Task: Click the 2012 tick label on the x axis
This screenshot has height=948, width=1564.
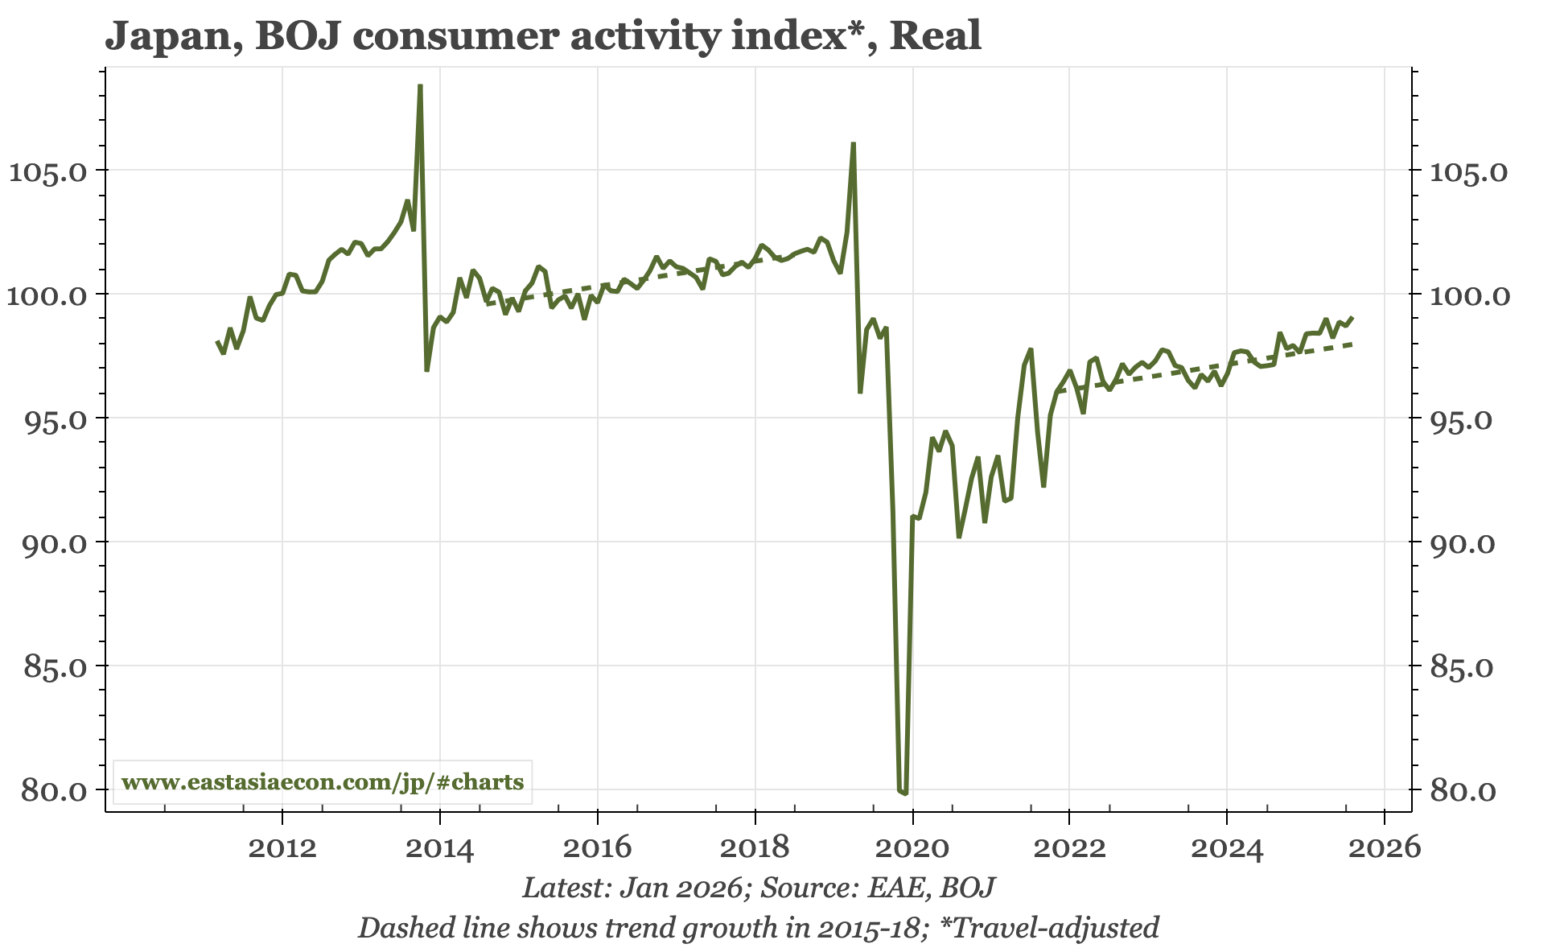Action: [x=282, y=848]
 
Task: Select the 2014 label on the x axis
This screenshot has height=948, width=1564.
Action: [x=440, y=848]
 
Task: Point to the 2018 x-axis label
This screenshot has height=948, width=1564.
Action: [x=755, y=848]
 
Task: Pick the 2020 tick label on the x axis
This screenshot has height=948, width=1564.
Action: [x=912, y=848]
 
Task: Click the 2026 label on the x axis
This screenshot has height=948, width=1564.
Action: [x=1384, y=848]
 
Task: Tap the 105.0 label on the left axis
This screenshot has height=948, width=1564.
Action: [x=47, y=171]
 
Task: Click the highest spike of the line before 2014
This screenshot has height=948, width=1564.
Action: [x=420, y=85]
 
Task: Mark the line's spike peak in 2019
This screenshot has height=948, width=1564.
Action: [x=853, y=143]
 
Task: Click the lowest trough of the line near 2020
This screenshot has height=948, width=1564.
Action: [x=905, y=793]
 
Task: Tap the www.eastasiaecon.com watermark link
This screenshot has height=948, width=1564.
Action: [x=323, y=781]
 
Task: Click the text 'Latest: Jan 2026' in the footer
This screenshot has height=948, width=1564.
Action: [x=632, y=888]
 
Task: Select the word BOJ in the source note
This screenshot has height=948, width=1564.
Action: [x=968, y=888]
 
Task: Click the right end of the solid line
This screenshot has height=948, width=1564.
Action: [x=1353, y=317]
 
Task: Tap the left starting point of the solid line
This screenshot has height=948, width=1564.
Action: [x=217, y=341]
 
